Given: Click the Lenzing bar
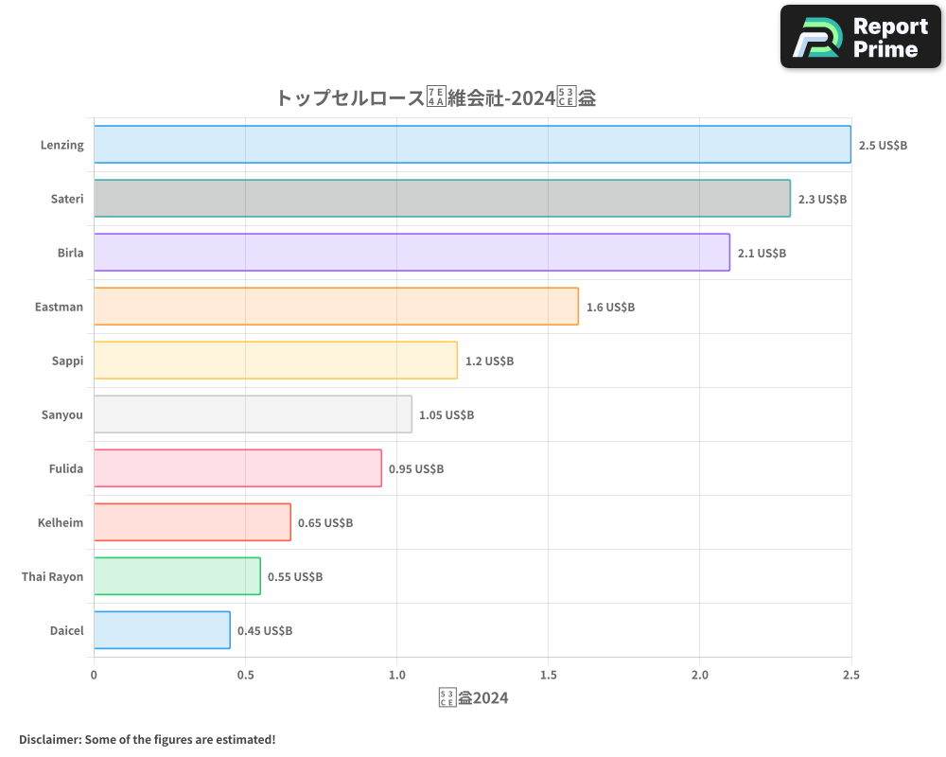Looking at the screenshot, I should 472,145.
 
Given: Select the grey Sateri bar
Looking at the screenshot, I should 442,199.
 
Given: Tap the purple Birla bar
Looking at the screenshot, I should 412,253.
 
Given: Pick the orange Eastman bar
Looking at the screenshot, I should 336,307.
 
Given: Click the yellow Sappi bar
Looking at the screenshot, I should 275,361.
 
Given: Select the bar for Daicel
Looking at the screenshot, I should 162,630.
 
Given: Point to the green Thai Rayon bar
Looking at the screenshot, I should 177,576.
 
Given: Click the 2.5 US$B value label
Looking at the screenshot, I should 883,146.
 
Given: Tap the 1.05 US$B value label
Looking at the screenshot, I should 447,415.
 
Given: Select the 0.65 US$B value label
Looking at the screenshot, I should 325,523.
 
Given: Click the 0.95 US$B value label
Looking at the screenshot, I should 416,469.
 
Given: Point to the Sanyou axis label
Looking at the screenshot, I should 62,414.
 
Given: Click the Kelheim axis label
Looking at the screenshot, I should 61,522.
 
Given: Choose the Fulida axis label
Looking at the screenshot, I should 66,468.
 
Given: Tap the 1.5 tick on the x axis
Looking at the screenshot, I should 548,676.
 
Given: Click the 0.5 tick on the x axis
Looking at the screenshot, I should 245,676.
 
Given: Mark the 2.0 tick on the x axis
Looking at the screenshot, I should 699,676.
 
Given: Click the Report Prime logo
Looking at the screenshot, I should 861,37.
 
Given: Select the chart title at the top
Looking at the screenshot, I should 435,97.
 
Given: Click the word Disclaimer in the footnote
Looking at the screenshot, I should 49,739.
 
